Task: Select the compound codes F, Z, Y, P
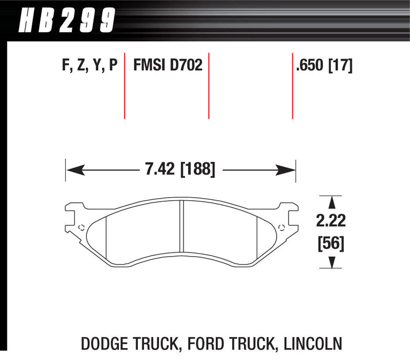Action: point(87,66)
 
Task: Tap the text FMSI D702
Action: point(168,66)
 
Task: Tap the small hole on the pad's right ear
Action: point(280,227)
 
